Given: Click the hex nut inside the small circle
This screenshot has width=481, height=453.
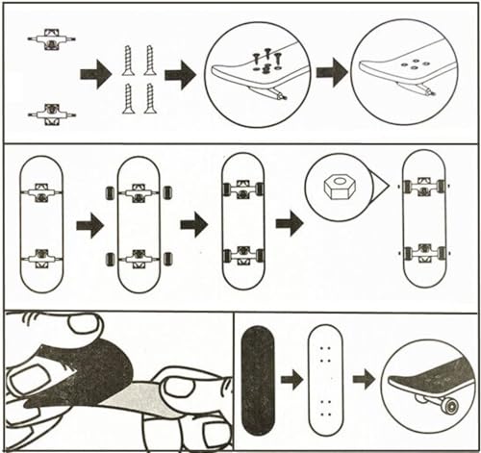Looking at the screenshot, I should coord(336,185).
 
